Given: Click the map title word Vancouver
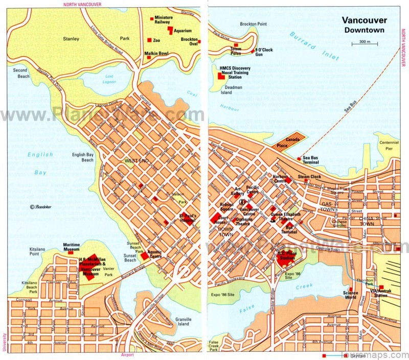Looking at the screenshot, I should pos(364,20).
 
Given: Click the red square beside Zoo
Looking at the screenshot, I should pos(149,40).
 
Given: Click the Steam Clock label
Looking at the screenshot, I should pos(309,177).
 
